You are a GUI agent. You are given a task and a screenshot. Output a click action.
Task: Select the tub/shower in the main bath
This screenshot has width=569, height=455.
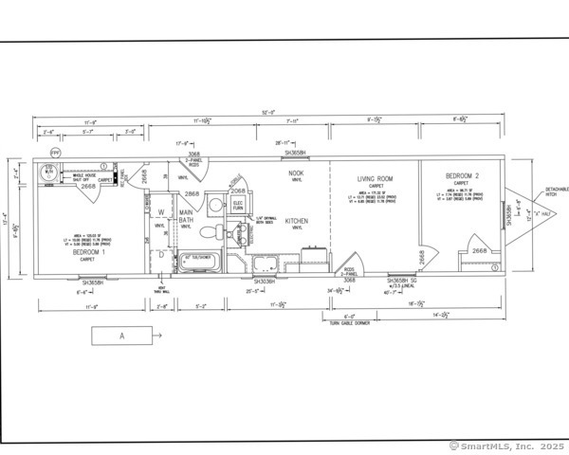(198, 259)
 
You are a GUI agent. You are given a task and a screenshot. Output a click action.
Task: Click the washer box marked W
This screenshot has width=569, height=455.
(161, 212)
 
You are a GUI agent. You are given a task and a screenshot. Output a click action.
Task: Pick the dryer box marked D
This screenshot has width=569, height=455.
(161, 254)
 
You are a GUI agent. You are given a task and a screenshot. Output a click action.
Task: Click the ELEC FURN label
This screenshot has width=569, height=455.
(239, 206)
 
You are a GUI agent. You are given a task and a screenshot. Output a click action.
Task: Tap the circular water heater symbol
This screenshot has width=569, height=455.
(48, 173)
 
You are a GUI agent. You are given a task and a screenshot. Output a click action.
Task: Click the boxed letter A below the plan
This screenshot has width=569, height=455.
(121, 335)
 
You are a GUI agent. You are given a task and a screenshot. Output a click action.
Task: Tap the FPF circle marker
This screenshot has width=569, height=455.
(55, 152)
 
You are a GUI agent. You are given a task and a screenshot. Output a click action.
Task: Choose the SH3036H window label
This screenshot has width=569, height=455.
(265, 282)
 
